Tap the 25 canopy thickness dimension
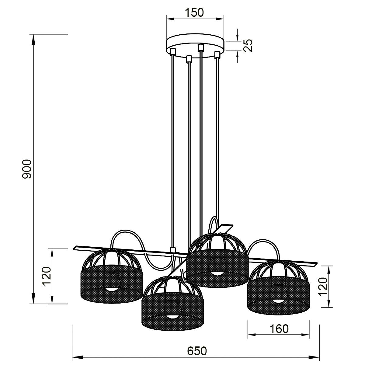[248, 45]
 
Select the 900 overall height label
[27, 169]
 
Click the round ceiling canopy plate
[195, 45]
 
